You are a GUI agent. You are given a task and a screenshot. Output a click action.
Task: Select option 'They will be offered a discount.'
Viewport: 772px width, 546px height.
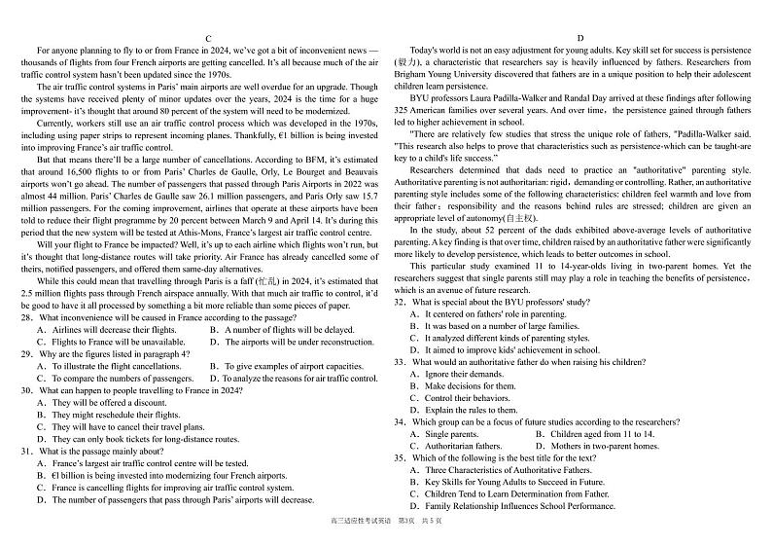[x=95, y=403]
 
